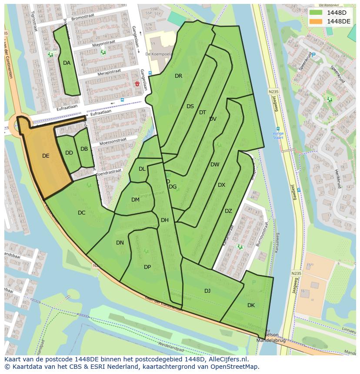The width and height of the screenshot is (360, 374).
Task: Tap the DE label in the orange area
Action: point(46,156)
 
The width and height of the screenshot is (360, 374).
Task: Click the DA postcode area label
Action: point(67,63)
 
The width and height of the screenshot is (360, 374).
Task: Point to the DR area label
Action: point(178,76)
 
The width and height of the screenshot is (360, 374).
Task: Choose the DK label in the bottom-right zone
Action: point(251,305)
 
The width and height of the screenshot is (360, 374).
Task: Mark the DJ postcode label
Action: point(207,291)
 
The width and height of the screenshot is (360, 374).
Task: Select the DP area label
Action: point(147,267)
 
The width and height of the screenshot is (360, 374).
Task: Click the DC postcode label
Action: point(81,213)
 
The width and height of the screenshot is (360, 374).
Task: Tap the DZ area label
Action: point(228,211)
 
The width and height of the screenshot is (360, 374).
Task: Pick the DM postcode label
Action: point(135,200)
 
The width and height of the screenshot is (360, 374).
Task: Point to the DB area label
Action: point(84,149)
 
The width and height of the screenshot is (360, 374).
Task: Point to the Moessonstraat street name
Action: point(112,141)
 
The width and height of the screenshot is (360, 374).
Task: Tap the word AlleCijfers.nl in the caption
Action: point(227,360)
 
